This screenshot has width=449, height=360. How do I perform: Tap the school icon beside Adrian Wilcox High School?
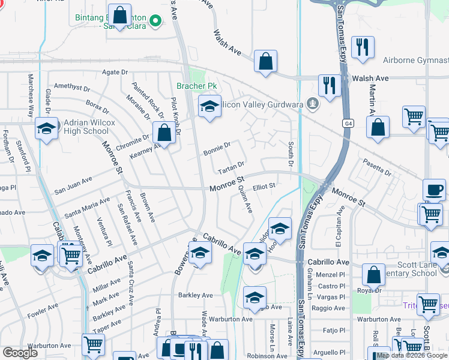46,128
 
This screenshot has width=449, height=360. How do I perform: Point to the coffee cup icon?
434,190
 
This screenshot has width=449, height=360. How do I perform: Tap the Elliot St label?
264,187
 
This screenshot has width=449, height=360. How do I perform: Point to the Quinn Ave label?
245,199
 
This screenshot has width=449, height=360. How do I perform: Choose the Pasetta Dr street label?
378,167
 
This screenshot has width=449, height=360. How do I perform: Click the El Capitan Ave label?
339,227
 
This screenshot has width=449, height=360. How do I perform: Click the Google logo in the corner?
20,353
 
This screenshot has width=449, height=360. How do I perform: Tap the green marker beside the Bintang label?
156,22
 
